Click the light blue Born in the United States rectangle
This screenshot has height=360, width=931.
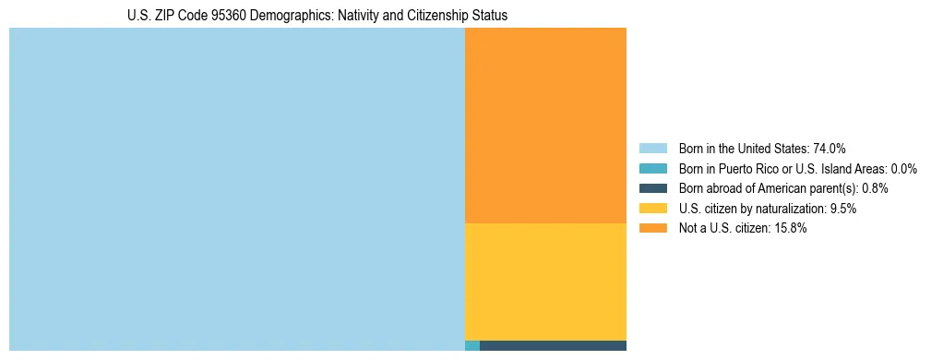(x=236, y=189)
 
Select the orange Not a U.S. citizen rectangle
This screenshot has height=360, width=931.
(x=545, y=126)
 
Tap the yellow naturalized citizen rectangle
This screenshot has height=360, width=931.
(x=545, y=282)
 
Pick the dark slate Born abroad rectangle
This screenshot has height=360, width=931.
(x=553, y=346)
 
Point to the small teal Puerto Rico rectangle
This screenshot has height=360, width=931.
(x=471, y=346)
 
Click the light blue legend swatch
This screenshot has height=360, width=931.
(x=652, y=148)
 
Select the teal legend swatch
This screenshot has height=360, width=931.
(x=652, y=168)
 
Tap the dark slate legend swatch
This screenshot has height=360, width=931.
(x=652, y=188)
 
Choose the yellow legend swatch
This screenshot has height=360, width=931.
(x=652, y=209)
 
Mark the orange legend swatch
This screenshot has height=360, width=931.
(x=652, y=229)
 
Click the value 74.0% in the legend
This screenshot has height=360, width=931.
(x=830, y=148)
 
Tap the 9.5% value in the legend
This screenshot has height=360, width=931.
(x=841, y=209)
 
